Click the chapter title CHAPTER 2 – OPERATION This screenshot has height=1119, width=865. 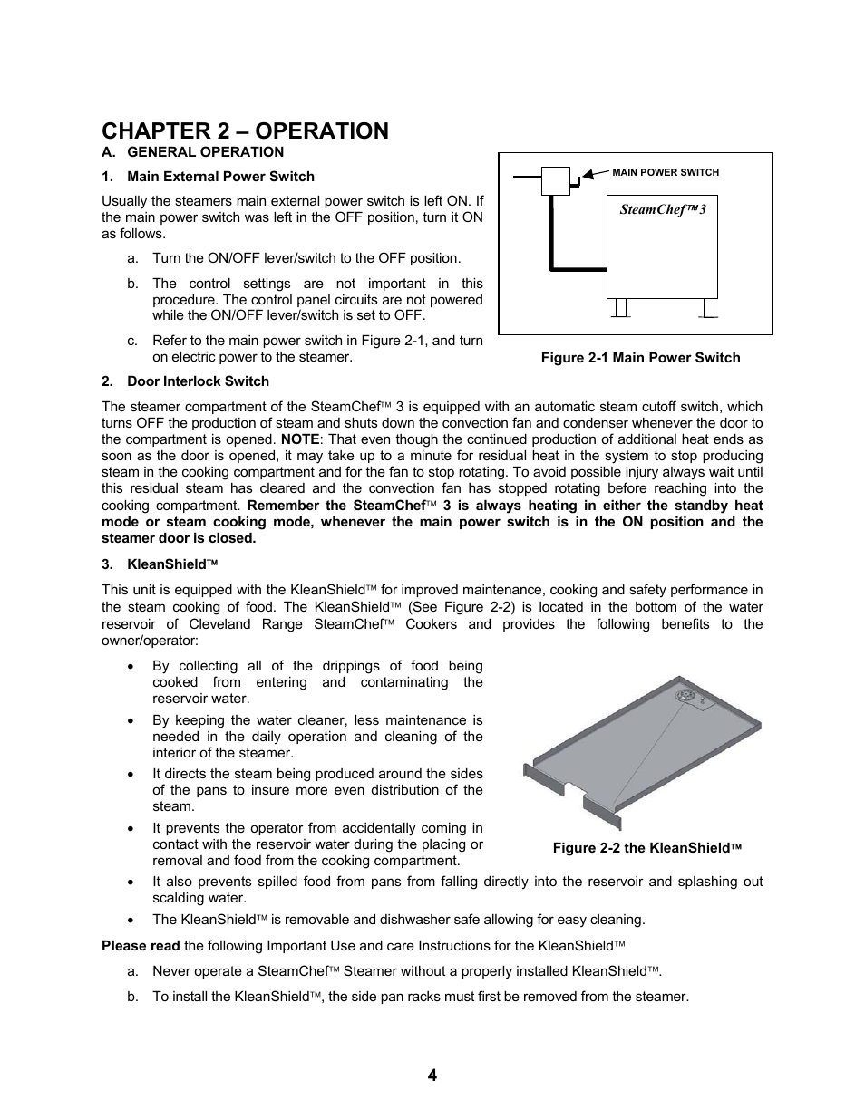(245, 131)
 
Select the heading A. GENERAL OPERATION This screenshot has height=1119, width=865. (192, 152)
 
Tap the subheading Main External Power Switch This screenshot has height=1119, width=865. (220, 177)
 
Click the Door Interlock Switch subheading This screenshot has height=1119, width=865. (198, 381)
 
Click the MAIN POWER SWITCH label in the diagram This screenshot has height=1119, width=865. (666, 172)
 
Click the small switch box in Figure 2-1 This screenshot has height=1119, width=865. (556, 181)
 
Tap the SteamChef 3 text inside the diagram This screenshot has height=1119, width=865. (662, 209)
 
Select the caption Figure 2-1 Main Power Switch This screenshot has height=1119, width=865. (640, 358)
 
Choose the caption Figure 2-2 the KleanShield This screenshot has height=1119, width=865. (647, 848)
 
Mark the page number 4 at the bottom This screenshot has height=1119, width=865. (432, 1076)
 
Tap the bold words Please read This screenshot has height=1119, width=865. (141, 946)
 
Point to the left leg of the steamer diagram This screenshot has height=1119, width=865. (621, 308)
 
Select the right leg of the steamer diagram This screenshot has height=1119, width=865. (708, 308)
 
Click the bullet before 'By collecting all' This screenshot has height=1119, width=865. (132, 666)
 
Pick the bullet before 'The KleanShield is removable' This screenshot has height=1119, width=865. (132, 920)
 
